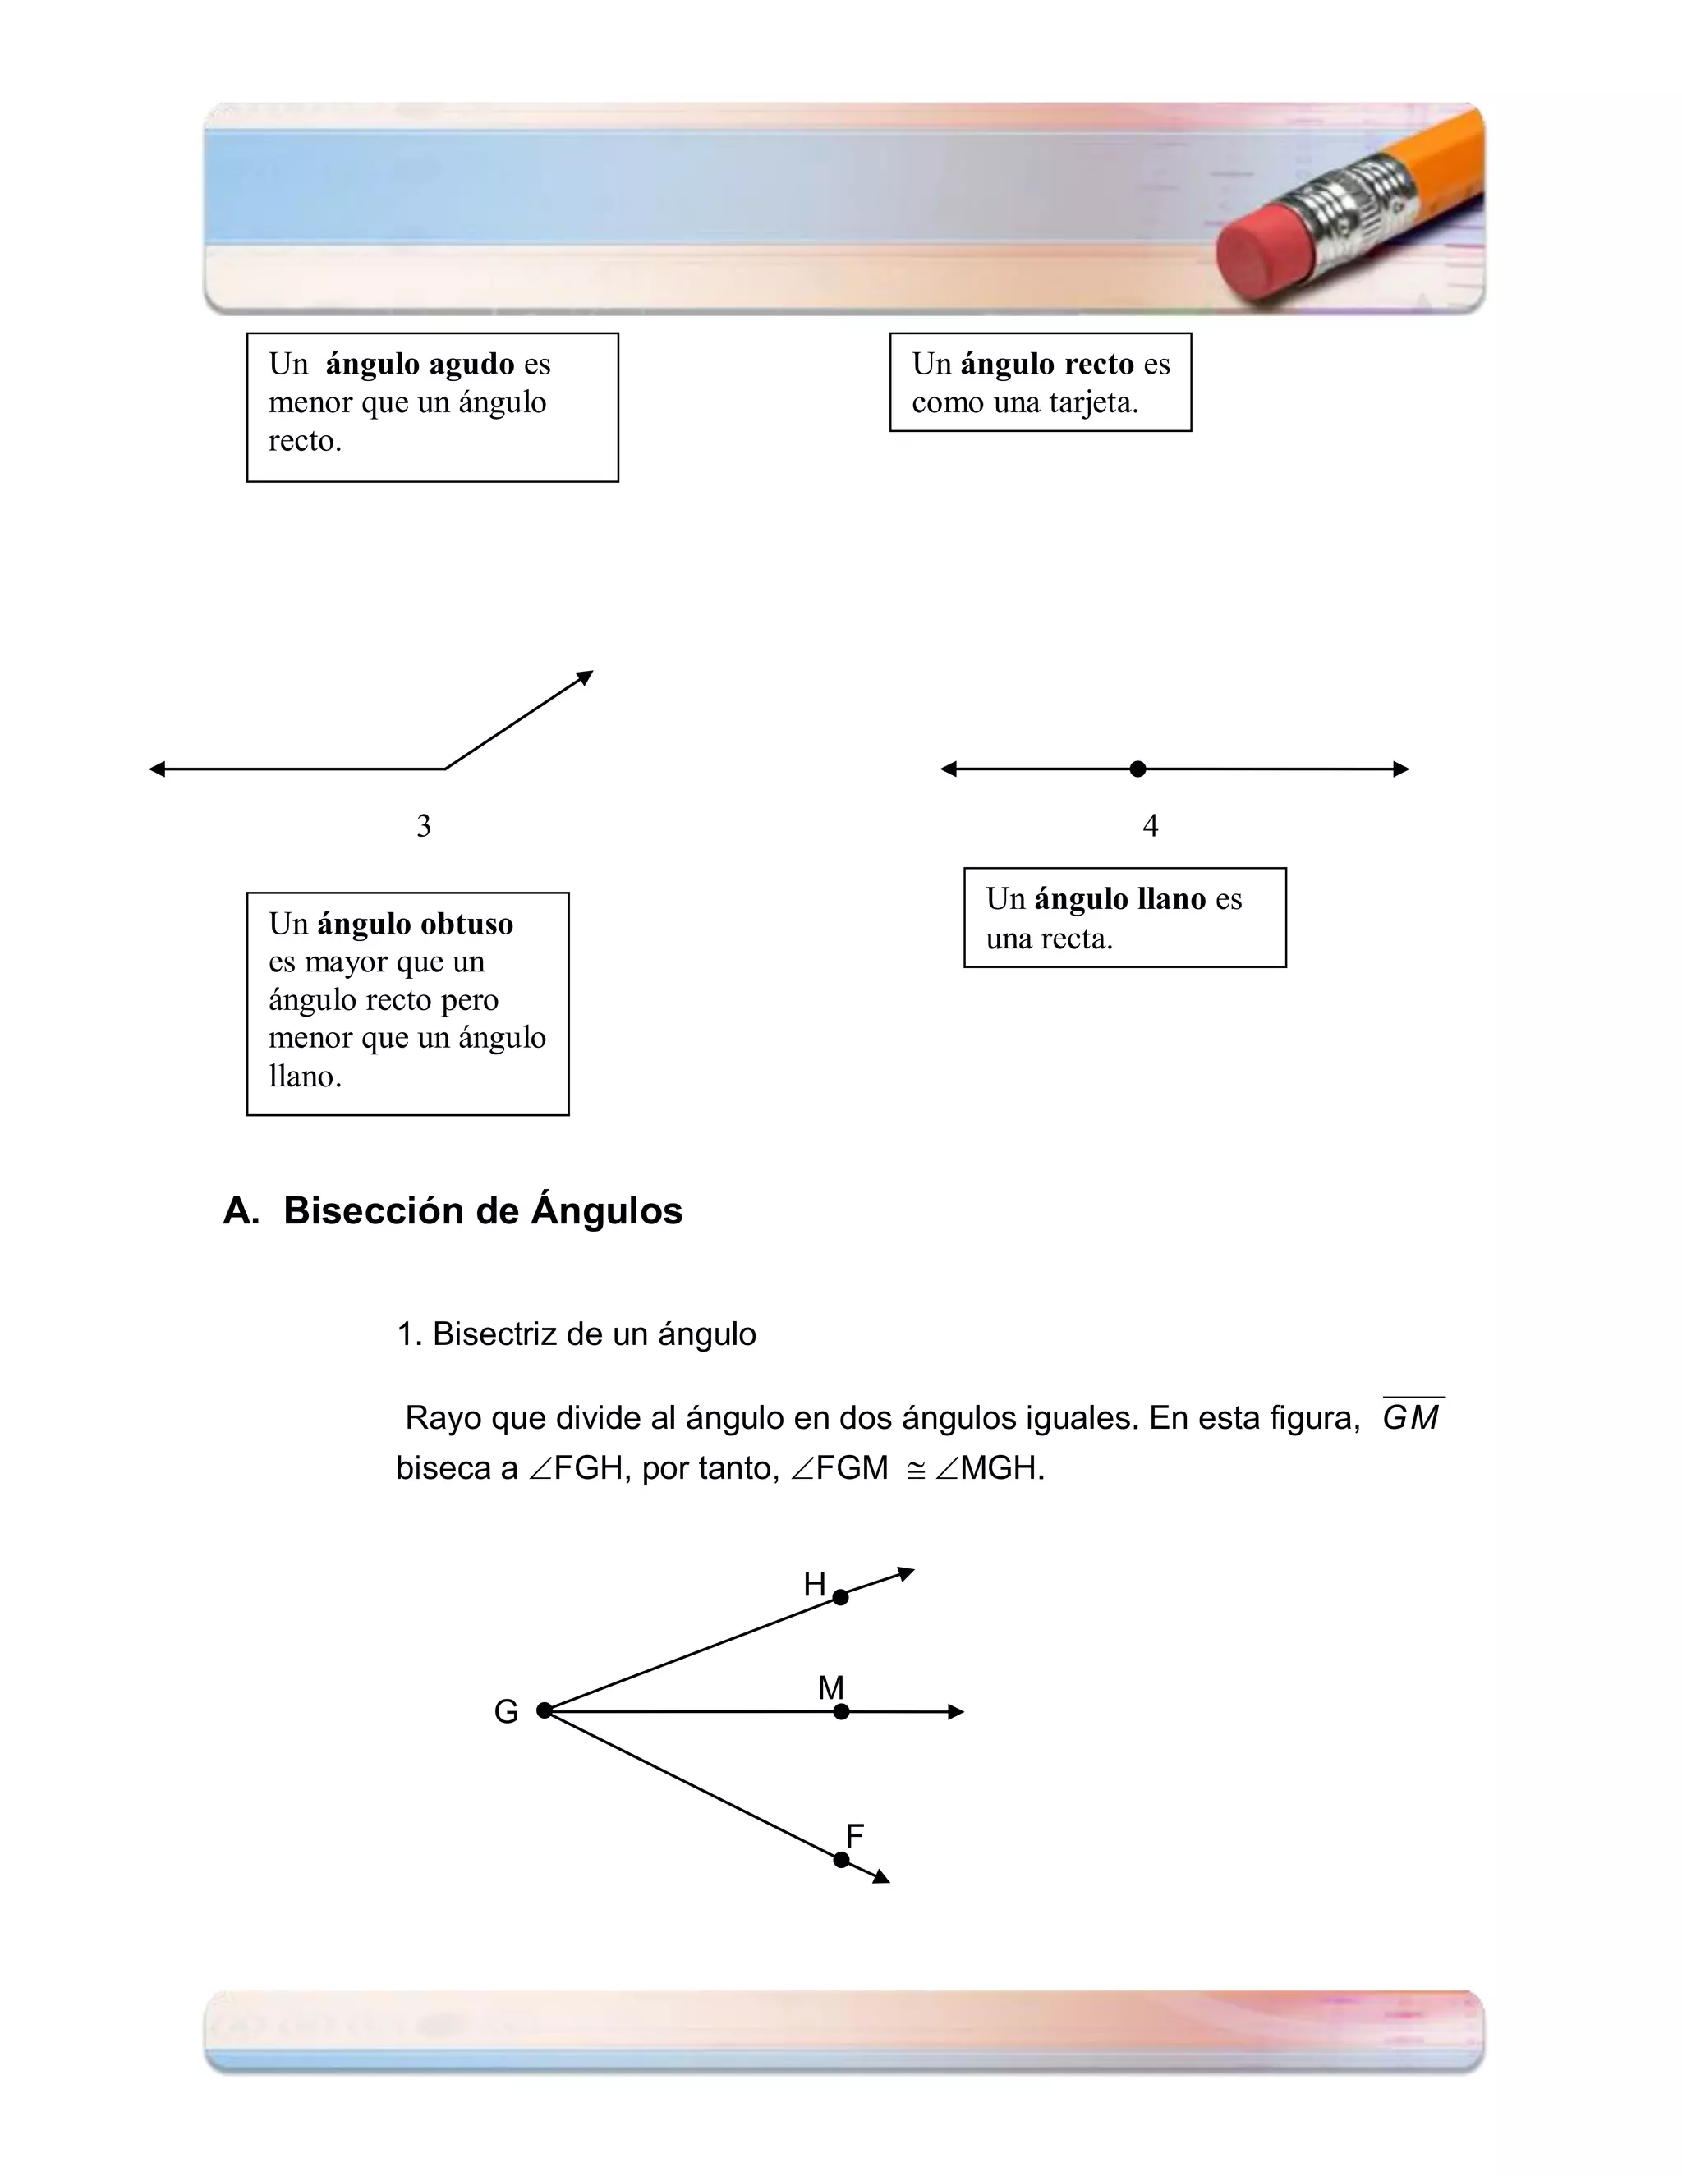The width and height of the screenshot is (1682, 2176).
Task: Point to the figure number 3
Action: (424, 825)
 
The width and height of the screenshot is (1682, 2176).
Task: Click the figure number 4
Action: (1150, 825)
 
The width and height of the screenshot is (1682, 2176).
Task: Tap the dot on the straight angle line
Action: (1138, 769)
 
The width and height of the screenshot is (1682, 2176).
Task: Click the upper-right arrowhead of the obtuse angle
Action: (585, 677)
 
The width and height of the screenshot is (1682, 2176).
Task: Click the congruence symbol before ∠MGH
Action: (916, 1470)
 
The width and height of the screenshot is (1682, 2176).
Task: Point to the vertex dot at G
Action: (544, 1710)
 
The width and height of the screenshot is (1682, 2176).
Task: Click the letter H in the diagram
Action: (814, 1583)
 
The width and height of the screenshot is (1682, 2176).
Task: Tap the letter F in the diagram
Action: (854, 1834)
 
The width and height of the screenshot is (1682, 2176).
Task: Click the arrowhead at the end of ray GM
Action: (956, 1712)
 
